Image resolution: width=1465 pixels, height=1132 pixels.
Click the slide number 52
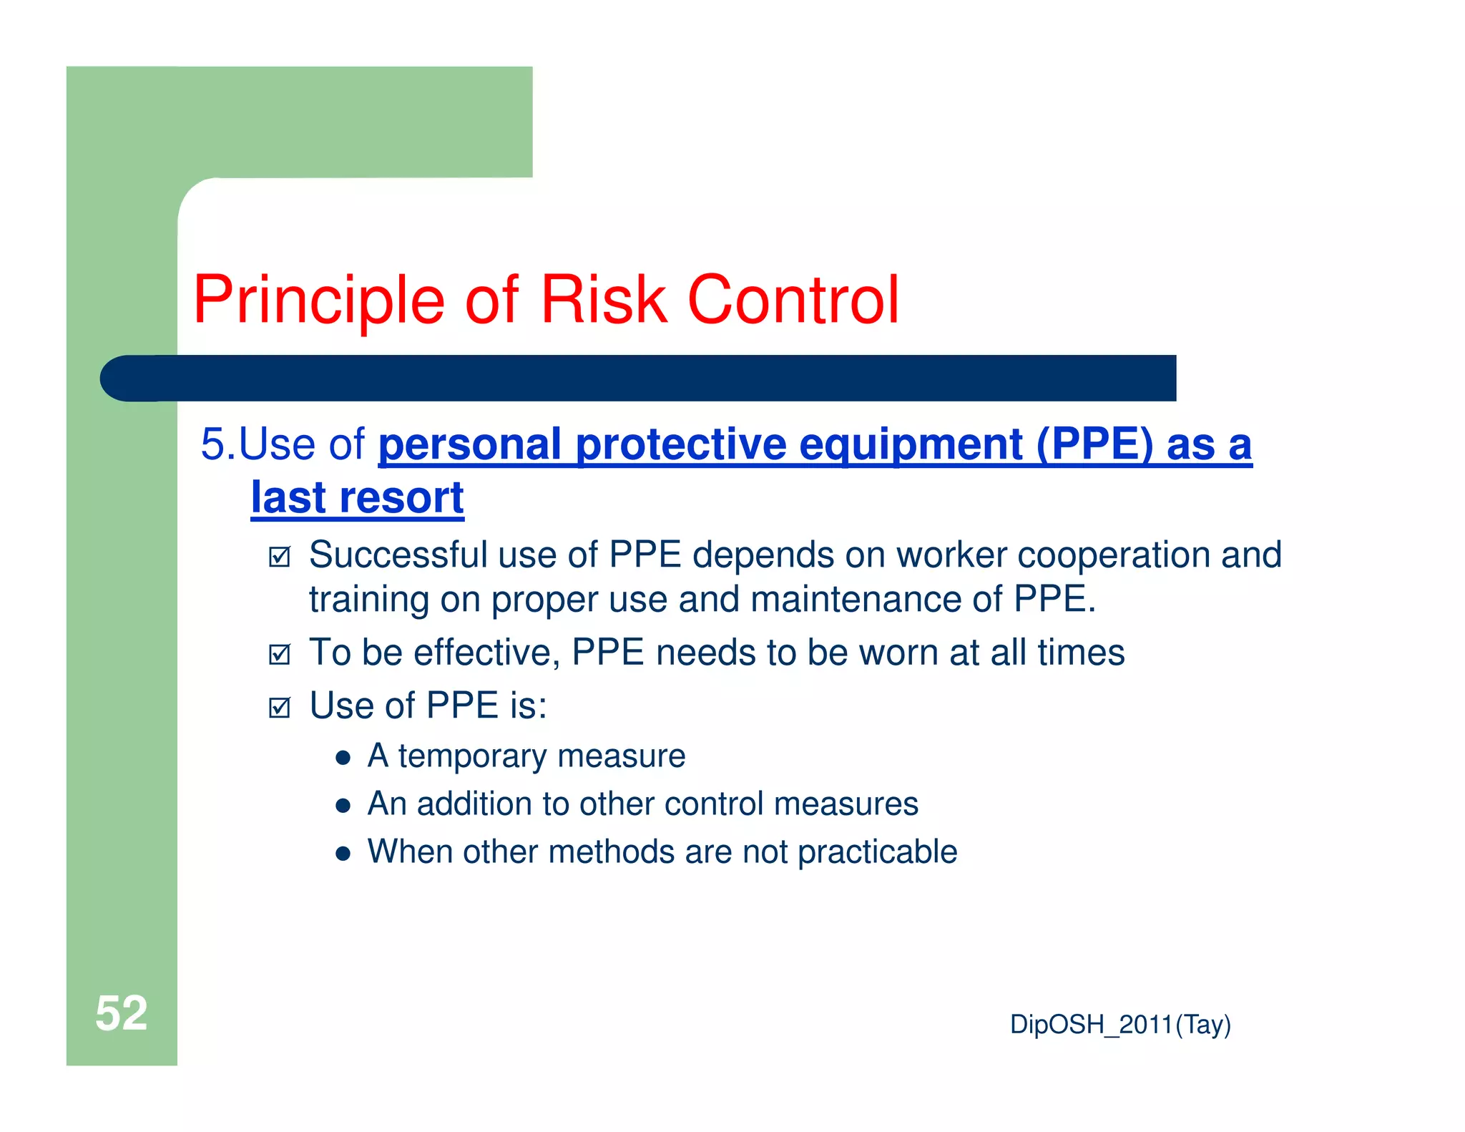click(x=121, y=1013)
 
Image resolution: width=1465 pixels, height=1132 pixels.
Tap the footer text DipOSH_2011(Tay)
click(x=1119, y=1025)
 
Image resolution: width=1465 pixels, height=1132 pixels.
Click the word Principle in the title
click(x=319, y=301)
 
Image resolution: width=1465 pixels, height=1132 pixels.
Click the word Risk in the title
click(x=603, y=301)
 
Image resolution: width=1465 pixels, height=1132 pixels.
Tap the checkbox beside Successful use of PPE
click(x=280, y=557)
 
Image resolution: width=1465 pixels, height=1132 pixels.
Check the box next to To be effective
click(x=280, y=654)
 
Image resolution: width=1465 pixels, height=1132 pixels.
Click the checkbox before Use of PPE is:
click(x=280, y=708)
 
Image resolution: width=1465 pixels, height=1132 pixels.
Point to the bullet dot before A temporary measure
click(x=343, y=758)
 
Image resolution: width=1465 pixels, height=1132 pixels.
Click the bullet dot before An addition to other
click(x=343, y=806)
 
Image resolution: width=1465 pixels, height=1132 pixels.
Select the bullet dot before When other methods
click(x=343, y=854)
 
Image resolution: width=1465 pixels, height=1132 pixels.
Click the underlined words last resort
click(x=357, y=498)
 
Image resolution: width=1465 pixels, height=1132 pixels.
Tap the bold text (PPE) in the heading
click(x=1094, y=445)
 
